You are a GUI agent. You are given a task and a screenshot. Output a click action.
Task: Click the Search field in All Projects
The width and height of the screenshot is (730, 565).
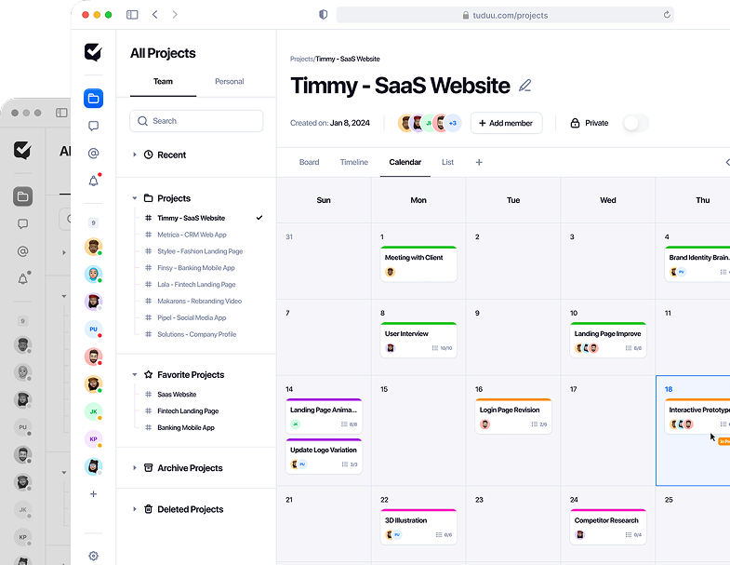coord(196,121)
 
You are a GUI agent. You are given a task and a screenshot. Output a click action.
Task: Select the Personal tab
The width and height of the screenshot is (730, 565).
coord(230,82)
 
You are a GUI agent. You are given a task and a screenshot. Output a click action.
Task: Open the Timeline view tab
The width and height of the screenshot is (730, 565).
coord(354,162)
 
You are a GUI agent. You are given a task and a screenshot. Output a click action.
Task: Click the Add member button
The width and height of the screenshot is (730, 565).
coord(506,123)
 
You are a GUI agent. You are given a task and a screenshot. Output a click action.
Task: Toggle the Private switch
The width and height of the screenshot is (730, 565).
coord(635,123)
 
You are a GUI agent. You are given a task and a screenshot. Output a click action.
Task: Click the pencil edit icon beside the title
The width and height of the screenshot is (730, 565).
coord(525,86)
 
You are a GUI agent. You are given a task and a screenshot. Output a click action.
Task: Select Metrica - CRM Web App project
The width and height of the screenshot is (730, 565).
coord(192,235)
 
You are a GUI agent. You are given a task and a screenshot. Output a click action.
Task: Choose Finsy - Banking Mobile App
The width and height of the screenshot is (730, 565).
coord(195,268)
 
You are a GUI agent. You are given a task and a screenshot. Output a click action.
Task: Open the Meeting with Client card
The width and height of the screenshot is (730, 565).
coord(418,263)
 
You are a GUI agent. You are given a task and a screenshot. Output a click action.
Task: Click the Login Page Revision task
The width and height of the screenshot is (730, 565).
coord(513,415)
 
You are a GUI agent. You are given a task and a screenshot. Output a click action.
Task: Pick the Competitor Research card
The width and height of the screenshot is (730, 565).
coord(607,526)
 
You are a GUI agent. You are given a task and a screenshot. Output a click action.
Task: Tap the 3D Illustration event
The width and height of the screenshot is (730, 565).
coord(418,526)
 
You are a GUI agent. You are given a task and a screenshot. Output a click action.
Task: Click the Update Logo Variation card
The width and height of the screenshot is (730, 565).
coord(324,456)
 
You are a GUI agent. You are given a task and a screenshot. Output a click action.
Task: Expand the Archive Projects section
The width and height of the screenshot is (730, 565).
coord(190,468)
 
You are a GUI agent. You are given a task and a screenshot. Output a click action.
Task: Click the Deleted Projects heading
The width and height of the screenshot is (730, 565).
coord(190,509)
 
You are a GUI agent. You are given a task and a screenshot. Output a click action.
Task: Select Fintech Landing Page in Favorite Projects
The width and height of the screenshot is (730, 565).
coord(187,410)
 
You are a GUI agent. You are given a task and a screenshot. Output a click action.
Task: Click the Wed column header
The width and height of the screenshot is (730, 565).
coord(607,200)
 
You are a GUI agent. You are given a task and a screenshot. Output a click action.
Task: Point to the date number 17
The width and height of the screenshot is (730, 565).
coord(573,389)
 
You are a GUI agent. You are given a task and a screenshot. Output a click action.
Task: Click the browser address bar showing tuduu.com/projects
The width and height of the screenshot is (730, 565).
coord(505,15)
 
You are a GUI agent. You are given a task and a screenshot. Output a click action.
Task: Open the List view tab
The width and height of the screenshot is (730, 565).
coord(447,162)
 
